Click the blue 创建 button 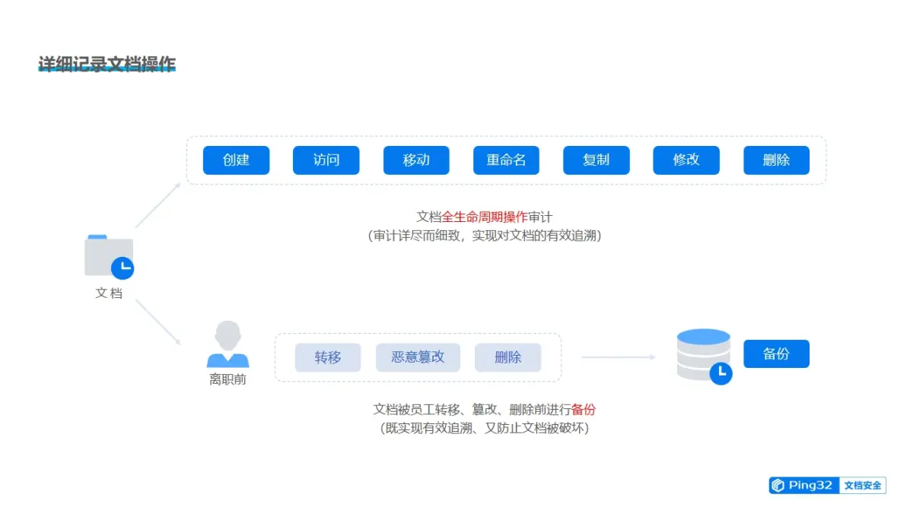236,160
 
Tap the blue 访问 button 326,160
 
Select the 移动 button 416,160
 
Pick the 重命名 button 506,160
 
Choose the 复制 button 596,160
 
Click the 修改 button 686,160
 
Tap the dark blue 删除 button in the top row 776,160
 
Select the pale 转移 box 328,357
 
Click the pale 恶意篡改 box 418,357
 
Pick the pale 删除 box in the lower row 508,357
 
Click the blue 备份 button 776,354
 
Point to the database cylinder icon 703,354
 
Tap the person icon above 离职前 228,344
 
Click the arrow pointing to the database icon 618,356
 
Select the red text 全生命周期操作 485,217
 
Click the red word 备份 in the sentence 584,410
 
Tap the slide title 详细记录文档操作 107,64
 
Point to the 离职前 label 228,379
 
